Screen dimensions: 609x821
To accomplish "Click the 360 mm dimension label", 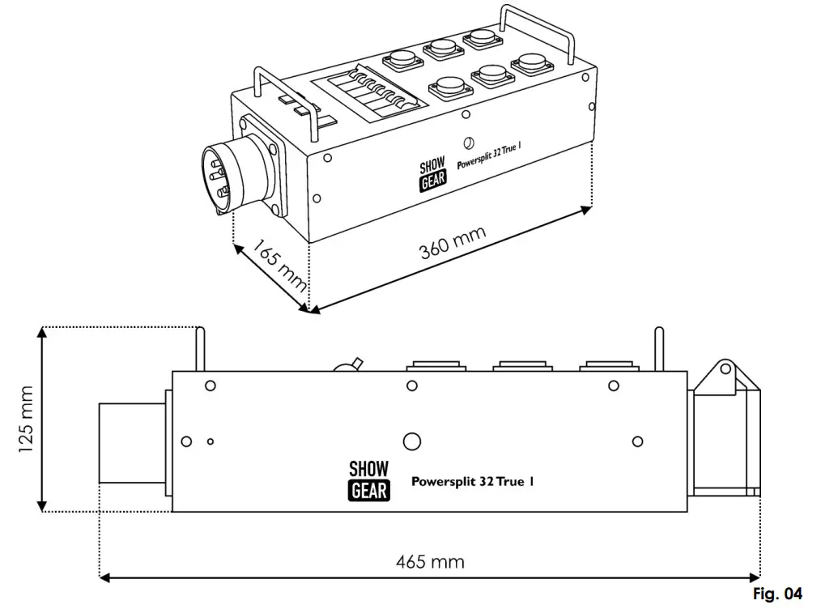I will (x=453, y=242).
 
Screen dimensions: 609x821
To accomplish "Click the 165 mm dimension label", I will (x=278, y=264).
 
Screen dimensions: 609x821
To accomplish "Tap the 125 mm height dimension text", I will (x=29, y=419).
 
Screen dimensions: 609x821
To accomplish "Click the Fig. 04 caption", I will (x=777, y=594).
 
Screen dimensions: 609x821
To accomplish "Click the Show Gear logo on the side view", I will (x=368, y=480).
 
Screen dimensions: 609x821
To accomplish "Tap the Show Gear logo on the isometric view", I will (x=433, y=175).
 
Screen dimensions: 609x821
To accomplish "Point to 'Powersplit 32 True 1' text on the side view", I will (x=473, y=481).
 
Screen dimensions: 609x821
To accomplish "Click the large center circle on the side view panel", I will (x=412, y=441).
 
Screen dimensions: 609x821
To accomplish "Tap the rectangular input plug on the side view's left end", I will (x=131, y=442).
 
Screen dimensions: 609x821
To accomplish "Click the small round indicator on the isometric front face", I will (x=468, y=144).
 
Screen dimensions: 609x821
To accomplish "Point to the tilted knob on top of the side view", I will (x=349, y=365).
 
